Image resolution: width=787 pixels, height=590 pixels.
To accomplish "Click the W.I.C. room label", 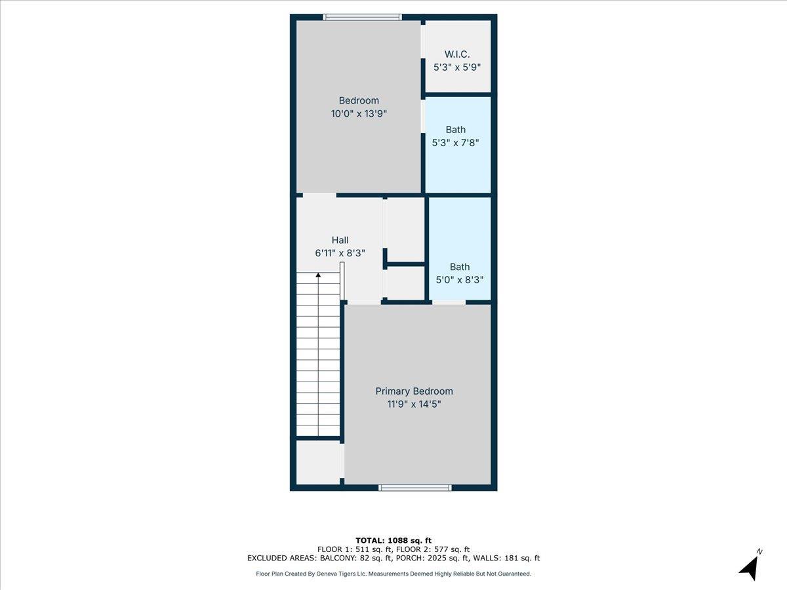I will pos(457,54).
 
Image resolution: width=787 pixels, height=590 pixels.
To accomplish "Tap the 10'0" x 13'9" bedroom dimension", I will pos(359,113).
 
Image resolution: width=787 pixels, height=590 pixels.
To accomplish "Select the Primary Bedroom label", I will pos(414,391).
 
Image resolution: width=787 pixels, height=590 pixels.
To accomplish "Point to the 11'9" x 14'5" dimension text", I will pos(414,404).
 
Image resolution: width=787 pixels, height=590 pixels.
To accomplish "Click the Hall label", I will pos(340,240).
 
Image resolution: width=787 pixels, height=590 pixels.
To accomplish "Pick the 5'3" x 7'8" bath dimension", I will pos(456,142).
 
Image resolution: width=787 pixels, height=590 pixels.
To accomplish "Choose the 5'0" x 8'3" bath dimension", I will pos(460,279).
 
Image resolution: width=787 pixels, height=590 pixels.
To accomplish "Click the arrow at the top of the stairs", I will pos(319,275).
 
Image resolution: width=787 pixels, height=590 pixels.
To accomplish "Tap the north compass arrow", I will pos(749,568).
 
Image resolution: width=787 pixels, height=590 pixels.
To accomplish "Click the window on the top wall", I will pos(362,17).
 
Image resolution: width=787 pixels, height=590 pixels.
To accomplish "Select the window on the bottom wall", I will pos(415,488).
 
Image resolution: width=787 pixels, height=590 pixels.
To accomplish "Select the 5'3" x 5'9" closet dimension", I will pos(457,67).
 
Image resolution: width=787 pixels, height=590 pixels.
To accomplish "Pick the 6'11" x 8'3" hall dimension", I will pos(340,253).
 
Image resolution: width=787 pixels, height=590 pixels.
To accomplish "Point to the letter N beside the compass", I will pos(759,551).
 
